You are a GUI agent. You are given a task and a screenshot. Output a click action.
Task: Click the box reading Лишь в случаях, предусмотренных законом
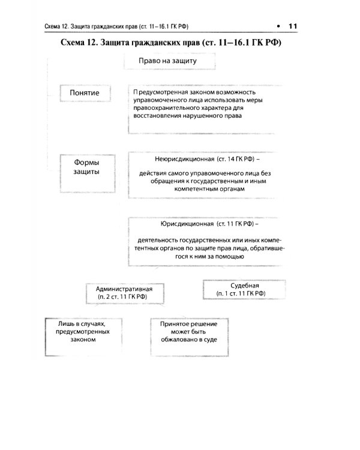[x=74, y=331]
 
